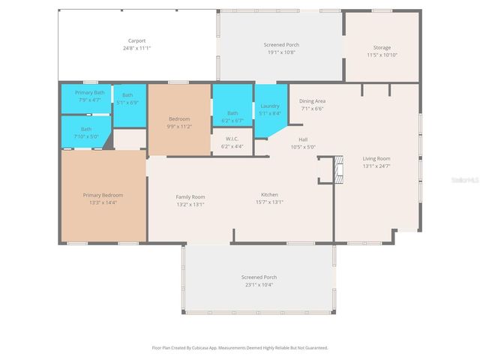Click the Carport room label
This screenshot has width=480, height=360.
point(136,40)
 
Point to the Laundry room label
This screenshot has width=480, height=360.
point(270,106)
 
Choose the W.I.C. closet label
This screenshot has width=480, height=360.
point(232,138)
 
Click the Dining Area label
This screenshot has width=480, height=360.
point(312,100)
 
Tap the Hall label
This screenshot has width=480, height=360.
point(303,139)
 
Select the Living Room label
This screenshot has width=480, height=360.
point(376,158)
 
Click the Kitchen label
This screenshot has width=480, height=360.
point(269,194)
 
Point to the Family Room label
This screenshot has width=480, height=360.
point(190,196)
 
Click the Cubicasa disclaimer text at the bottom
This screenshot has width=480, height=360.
point(240,348)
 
